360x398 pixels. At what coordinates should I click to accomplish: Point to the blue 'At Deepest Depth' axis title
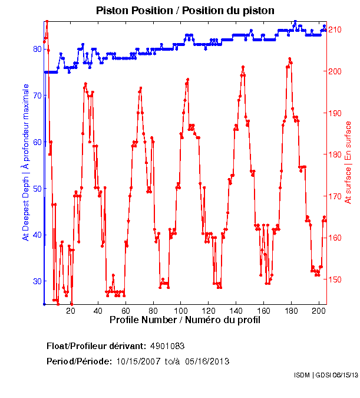(25, 167)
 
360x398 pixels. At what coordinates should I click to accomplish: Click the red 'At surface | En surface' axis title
(348, 163)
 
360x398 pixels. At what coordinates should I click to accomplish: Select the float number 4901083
(168, 346)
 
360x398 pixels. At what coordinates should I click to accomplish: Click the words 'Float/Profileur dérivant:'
(95, 346)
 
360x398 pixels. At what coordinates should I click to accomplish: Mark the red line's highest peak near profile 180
(289, 59)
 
